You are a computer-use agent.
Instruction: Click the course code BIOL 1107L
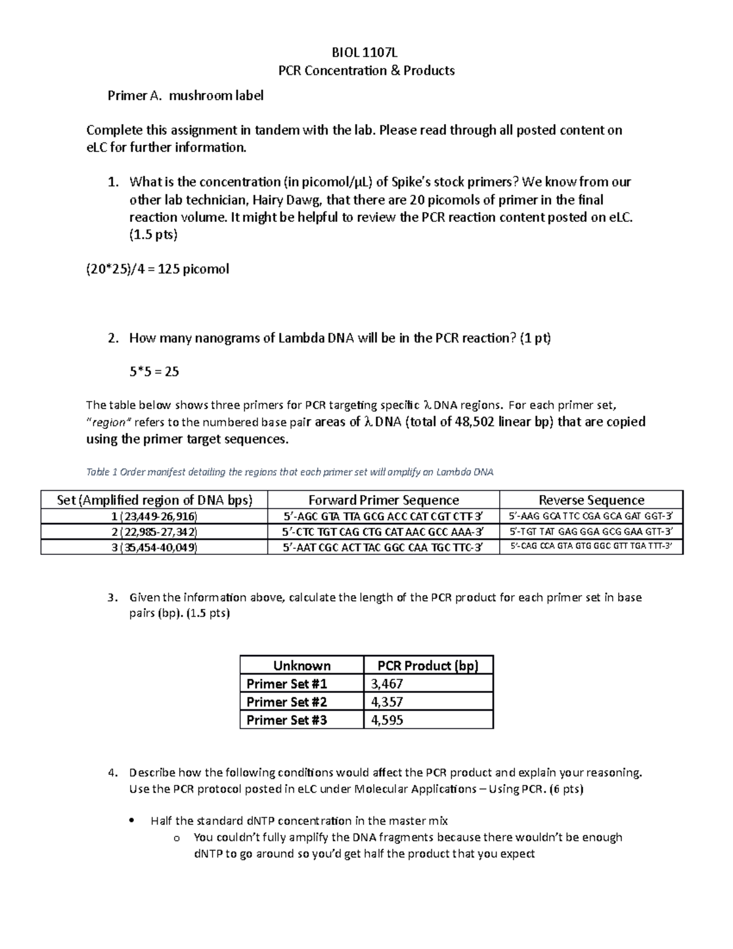[366, 52]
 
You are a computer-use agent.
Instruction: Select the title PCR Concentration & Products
[366, 70]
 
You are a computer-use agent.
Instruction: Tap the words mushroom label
[216, 95]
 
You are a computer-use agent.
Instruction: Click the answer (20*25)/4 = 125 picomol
[158, 269]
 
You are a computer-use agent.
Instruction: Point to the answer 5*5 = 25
[154, 372]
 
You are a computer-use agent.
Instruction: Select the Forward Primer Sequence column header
[383, 500]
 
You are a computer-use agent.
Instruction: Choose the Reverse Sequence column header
[591, 500]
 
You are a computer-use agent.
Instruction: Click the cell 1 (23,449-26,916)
[154, 516]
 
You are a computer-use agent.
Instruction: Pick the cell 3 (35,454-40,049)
[154, 548]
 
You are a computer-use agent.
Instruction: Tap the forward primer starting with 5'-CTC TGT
[383, 532]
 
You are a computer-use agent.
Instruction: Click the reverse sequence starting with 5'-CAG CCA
[591, 547]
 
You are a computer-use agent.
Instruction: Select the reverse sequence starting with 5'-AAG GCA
[591, 516]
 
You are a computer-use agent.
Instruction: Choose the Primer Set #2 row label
[286, 702]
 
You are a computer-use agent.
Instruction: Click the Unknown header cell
[302, 665]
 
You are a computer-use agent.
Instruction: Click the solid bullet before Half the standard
[132, 821]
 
